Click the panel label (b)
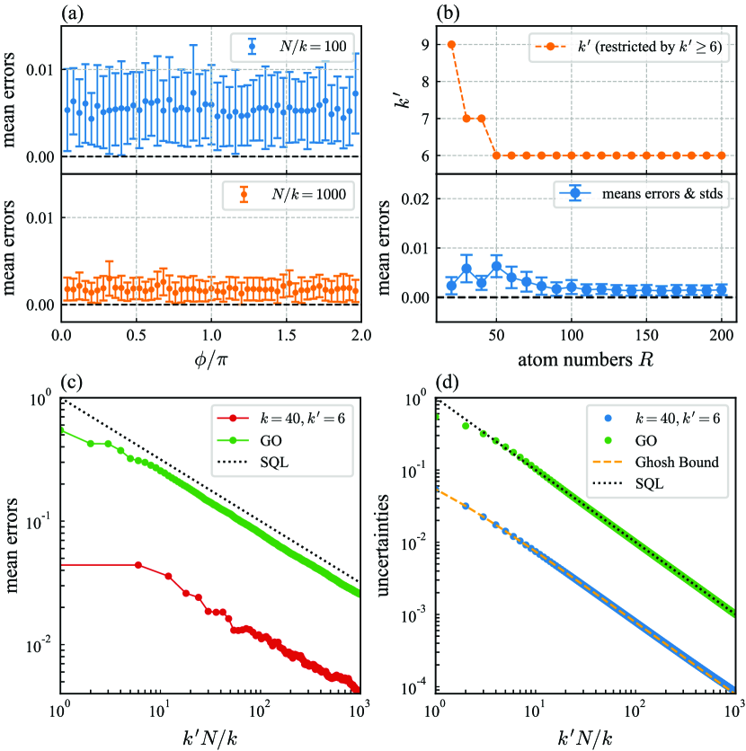(448, 12)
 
